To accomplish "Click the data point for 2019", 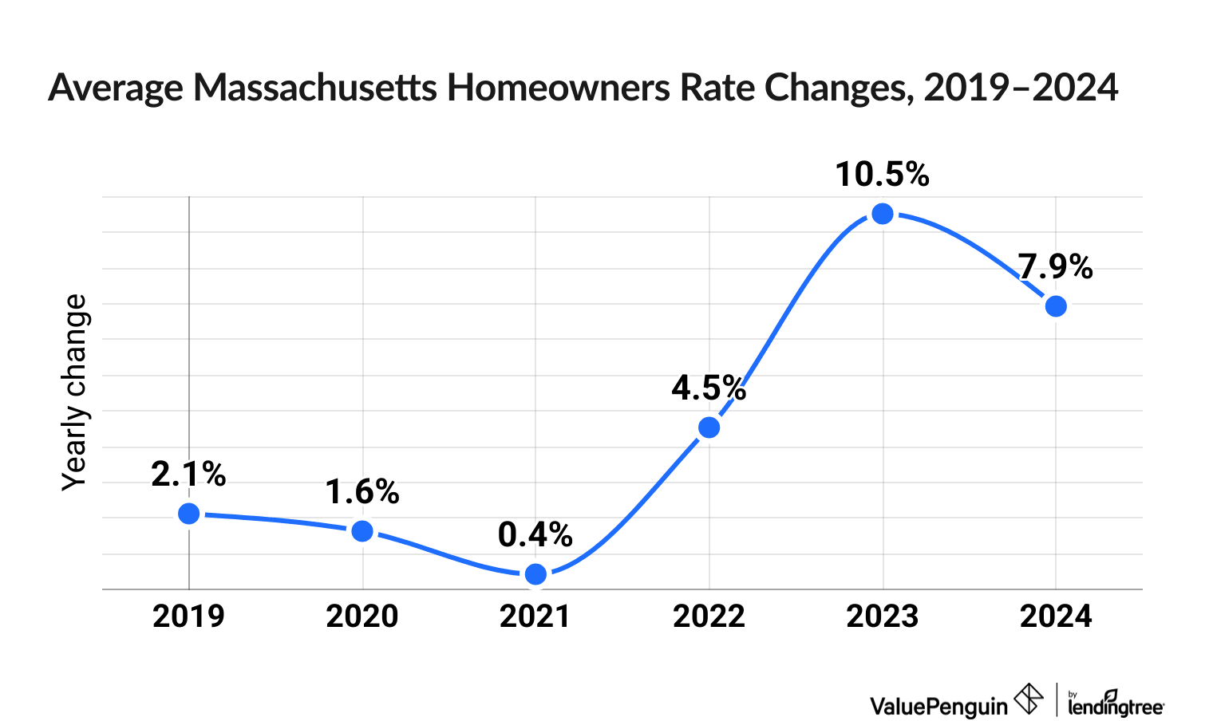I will [x=189, y=514].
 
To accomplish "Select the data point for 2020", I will [x=362, y=531].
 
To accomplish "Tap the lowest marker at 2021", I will [x=536, y=574].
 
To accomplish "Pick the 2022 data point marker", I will [x=709, y=427].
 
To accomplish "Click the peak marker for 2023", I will [x=882, y=214].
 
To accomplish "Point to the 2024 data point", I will [x=1056, y=306].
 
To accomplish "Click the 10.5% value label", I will [x=882, y=175].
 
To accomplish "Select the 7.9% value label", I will [x=1055, y=266].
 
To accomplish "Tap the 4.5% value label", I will [x=709, y=388].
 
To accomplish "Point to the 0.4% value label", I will [x=535, y=534].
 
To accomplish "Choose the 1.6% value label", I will [x=362, y=492].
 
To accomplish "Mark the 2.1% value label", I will [x=189, y=475].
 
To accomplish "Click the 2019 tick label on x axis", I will [x=189, y=617].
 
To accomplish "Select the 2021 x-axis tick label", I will [x=535, y=617].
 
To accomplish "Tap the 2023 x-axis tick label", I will [x=882, y=617].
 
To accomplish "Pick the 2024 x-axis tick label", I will [x=1056, y=617].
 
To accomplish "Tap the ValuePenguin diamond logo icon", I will [x=1029, y=699].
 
